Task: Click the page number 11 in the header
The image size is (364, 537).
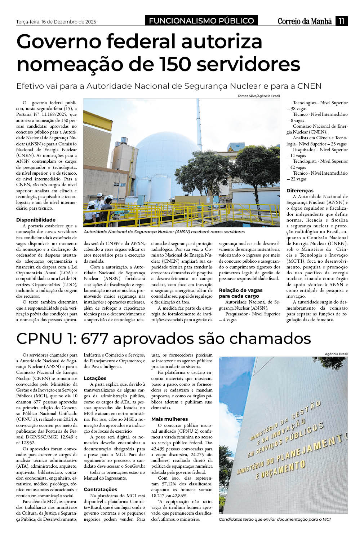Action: click(341, 21)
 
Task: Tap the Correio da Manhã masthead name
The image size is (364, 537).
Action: click(305, 21)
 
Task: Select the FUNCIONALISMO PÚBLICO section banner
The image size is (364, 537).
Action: click(201, 21)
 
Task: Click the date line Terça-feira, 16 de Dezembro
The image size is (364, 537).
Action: click(56, 22)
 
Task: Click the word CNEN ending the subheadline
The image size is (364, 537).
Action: click(310, 86)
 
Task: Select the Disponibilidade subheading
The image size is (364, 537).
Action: click(36, 220)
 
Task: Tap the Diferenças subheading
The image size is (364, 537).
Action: click(300, 191)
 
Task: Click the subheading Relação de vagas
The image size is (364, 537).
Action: click(241, 290)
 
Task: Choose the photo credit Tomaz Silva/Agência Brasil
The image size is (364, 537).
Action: click(258, 96)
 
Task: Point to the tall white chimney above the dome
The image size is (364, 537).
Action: click(198, 119)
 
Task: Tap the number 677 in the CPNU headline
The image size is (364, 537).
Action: click(94, 339)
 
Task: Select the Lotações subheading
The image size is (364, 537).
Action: click(95, 378)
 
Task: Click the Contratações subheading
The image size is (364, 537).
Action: click(101, 489)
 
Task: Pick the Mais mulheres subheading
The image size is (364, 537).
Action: click(169, 419)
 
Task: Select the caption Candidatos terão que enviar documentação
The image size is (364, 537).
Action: click(275, 519)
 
